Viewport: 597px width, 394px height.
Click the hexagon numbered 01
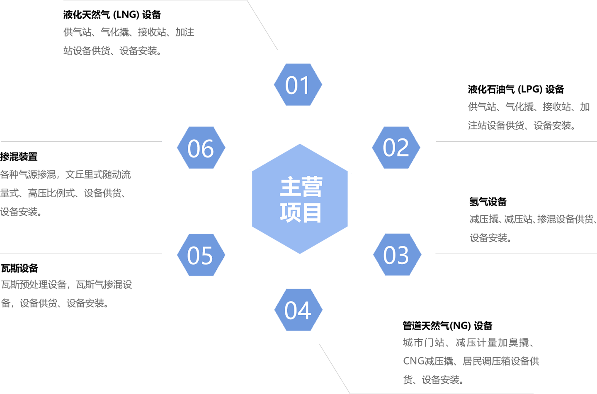click(x=298, y=85)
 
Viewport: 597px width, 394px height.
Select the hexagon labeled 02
click(x=396, y=147)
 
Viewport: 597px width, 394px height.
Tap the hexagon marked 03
click(x=396, y=255)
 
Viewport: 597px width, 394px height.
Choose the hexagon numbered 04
click(x=298, y=310)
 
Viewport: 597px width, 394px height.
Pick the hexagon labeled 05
click(x=200, y=255)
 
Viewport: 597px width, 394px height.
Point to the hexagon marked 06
click(x=201, y=148)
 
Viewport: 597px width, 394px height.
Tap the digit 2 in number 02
click(x=403, y=148)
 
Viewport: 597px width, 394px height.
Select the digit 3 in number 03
click(x=403, y=256)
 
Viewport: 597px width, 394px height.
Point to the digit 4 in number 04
click(x=305, y=311)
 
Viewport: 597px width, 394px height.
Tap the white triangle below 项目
click(x=298, y=260)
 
